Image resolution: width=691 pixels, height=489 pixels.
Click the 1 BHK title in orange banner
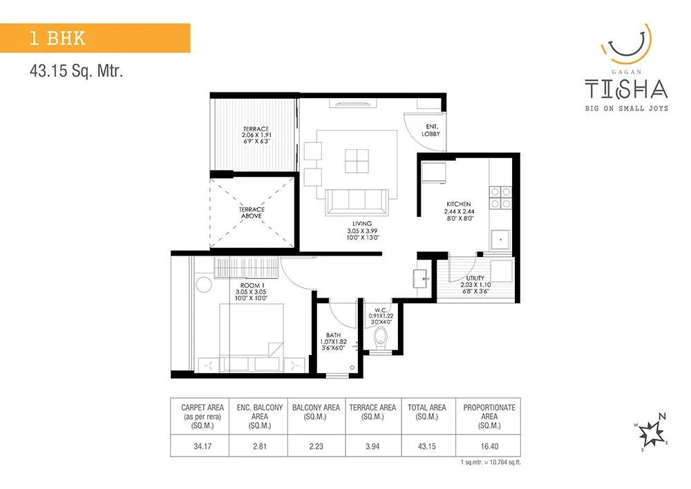[x=57, y=38]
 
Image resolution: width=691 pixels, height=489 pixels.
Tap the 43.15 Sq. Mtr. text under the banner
[x=76, y=70]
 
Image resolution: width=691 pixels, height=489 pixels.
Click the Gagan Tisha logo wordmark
[x=626, y=88]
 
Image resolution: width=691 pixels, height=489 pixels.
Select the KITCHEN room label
[x=458, y=204]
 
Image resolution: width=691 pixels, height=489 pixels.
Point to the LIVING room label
[x=361, y=224]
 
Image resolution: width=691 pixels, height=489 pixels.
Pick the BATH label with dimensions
[x=332, y=334]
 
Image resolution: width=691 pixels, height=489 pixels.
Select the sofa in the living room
[x=357, y=202]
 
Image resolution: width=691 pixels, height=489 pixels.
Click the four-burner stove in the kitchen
[x=500, y=198]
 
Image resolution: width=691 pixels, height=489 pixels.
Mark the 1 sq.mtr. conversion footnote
[x=489, y=461]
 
